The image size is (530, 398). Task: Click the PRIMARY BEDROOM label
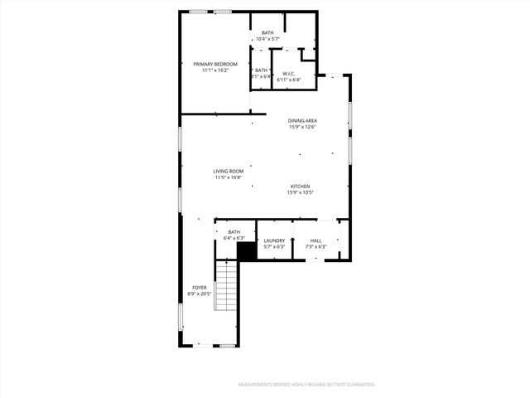[215, 64]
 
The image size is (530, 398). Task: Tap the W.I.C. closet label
[289, 73]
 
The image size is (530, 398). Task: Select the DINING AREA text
[303, 121]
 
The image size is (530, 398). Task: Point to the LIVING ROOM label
[228, 172]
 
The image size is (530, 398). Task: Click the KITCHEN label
[300, 186]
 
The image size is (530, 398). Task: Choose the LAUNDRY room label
[274, 240]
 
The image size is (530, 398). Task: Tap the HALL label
[316, 240]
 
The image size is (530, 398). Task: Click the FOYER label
[200, 287]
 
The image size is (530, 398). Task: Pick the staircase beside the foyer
[226, 286]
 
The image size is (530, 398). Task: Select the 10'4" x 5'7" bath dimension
[267, 39]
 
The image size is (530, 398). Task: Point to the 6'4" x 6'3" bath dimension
[234, 238]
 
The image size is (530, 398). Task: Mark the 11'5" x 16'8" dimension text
[228, 177]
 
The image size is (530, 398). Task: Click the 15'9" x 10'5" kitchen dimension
[300, 192]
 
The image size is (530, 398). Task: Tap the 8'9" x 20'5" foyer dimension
[200, 294]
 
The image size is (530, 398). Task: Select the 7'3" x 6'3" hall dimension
[316, 246]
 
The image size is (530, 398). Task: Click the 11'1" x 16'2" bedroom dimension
[215, 70]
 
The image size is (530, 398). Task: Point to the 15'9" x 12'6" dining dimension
[303, 128]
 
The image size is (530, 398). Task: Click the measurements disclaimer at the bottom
[307, 385]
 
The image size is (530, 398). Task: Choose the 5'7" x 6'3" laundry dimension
[274, 246]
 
